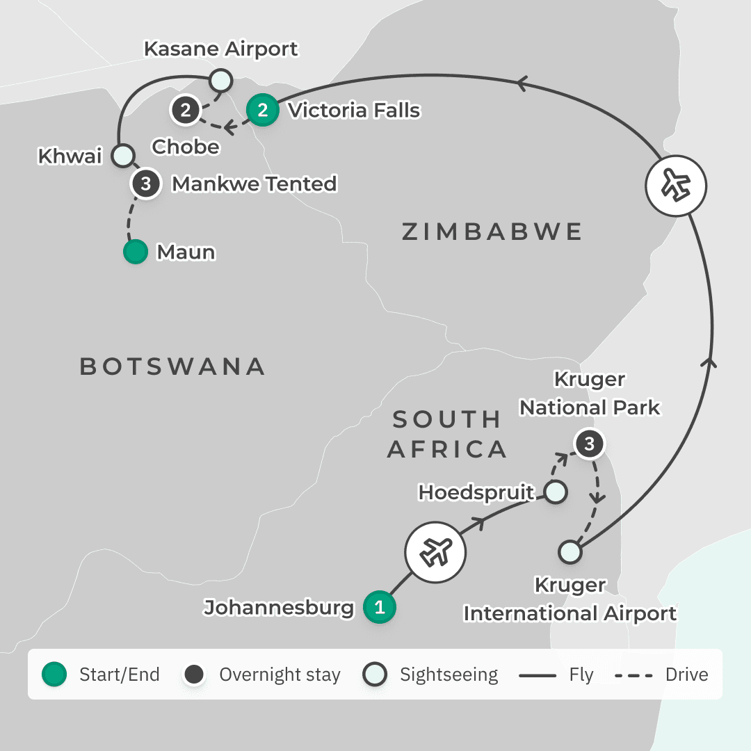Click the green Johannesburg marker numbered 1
[x=380, y=607]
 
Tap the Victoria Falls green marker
[x=263, y=110]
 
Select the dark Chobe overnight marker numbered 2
[x=186, y=110]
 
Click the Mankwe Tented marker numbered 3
[x=146, y=184]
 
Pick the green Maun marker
[x=136, y=252]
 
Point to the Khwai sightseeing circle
[x=123, y=154]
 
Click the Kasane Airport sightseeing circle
[x=220, y=79]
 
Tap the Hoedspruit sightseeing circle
[x=555, y=492]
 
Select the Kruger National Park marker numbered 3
[x=590, y=444]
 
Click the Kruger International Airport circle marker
[x=570, y=552]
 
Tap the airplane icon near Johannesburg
[x=435, y=554]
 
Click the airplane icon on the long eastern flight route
[x=676, y=186]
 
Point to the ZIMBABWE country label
[x=492, y=232]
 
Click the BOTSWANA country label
[x=172, y=366]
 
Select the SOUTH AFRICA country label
[x=446, y=434]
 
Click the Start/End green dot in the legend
[x=54, y=675]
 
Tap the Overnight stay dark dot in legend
[x=194, y=675]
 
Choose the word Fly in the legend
[x=581, y=675]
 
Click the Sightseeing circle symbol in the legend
[x=375, y=675]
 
